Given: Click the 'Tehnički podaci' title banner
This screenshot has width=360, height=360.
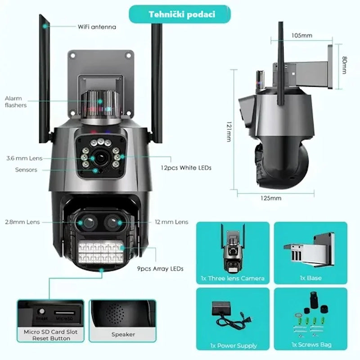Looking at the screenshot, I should point(182,14).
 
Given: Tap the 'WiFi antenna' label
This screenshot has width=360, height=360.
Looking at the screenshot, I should point(96,27).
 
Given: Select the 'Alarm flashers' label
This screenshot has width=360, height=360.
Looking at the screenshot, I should point(15,102).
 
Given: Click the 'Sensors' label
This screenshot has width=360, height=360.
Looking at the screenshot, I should point(26,170).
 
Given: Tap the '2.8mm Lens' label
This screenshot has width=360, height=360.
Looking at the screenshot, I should point(22,222).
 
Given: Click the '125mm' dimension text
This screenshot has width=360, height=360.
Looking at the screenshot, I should point(270,198).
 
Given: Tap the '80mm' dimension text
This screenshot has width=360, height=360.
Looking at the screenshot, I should point(344,65).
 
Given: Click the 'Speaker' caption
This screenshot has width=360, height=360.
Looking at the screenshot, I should point(123,334).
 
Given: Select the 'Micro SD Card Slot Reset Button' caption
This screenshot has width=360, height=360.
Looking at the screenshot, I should point(50,335).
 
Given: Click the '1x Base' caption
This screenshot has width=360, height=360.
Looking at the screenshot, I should point(311,278).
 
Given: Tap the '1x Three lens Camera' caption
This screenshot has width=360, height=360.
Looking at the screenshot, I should point(232,278).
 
